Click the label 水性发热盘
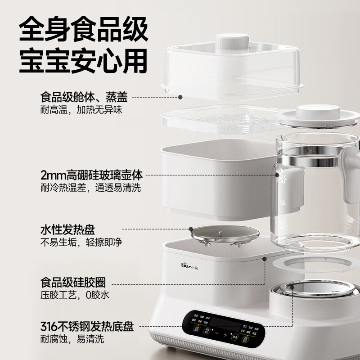[67, 230]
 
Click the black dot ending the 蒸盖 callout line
[180, 97]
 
